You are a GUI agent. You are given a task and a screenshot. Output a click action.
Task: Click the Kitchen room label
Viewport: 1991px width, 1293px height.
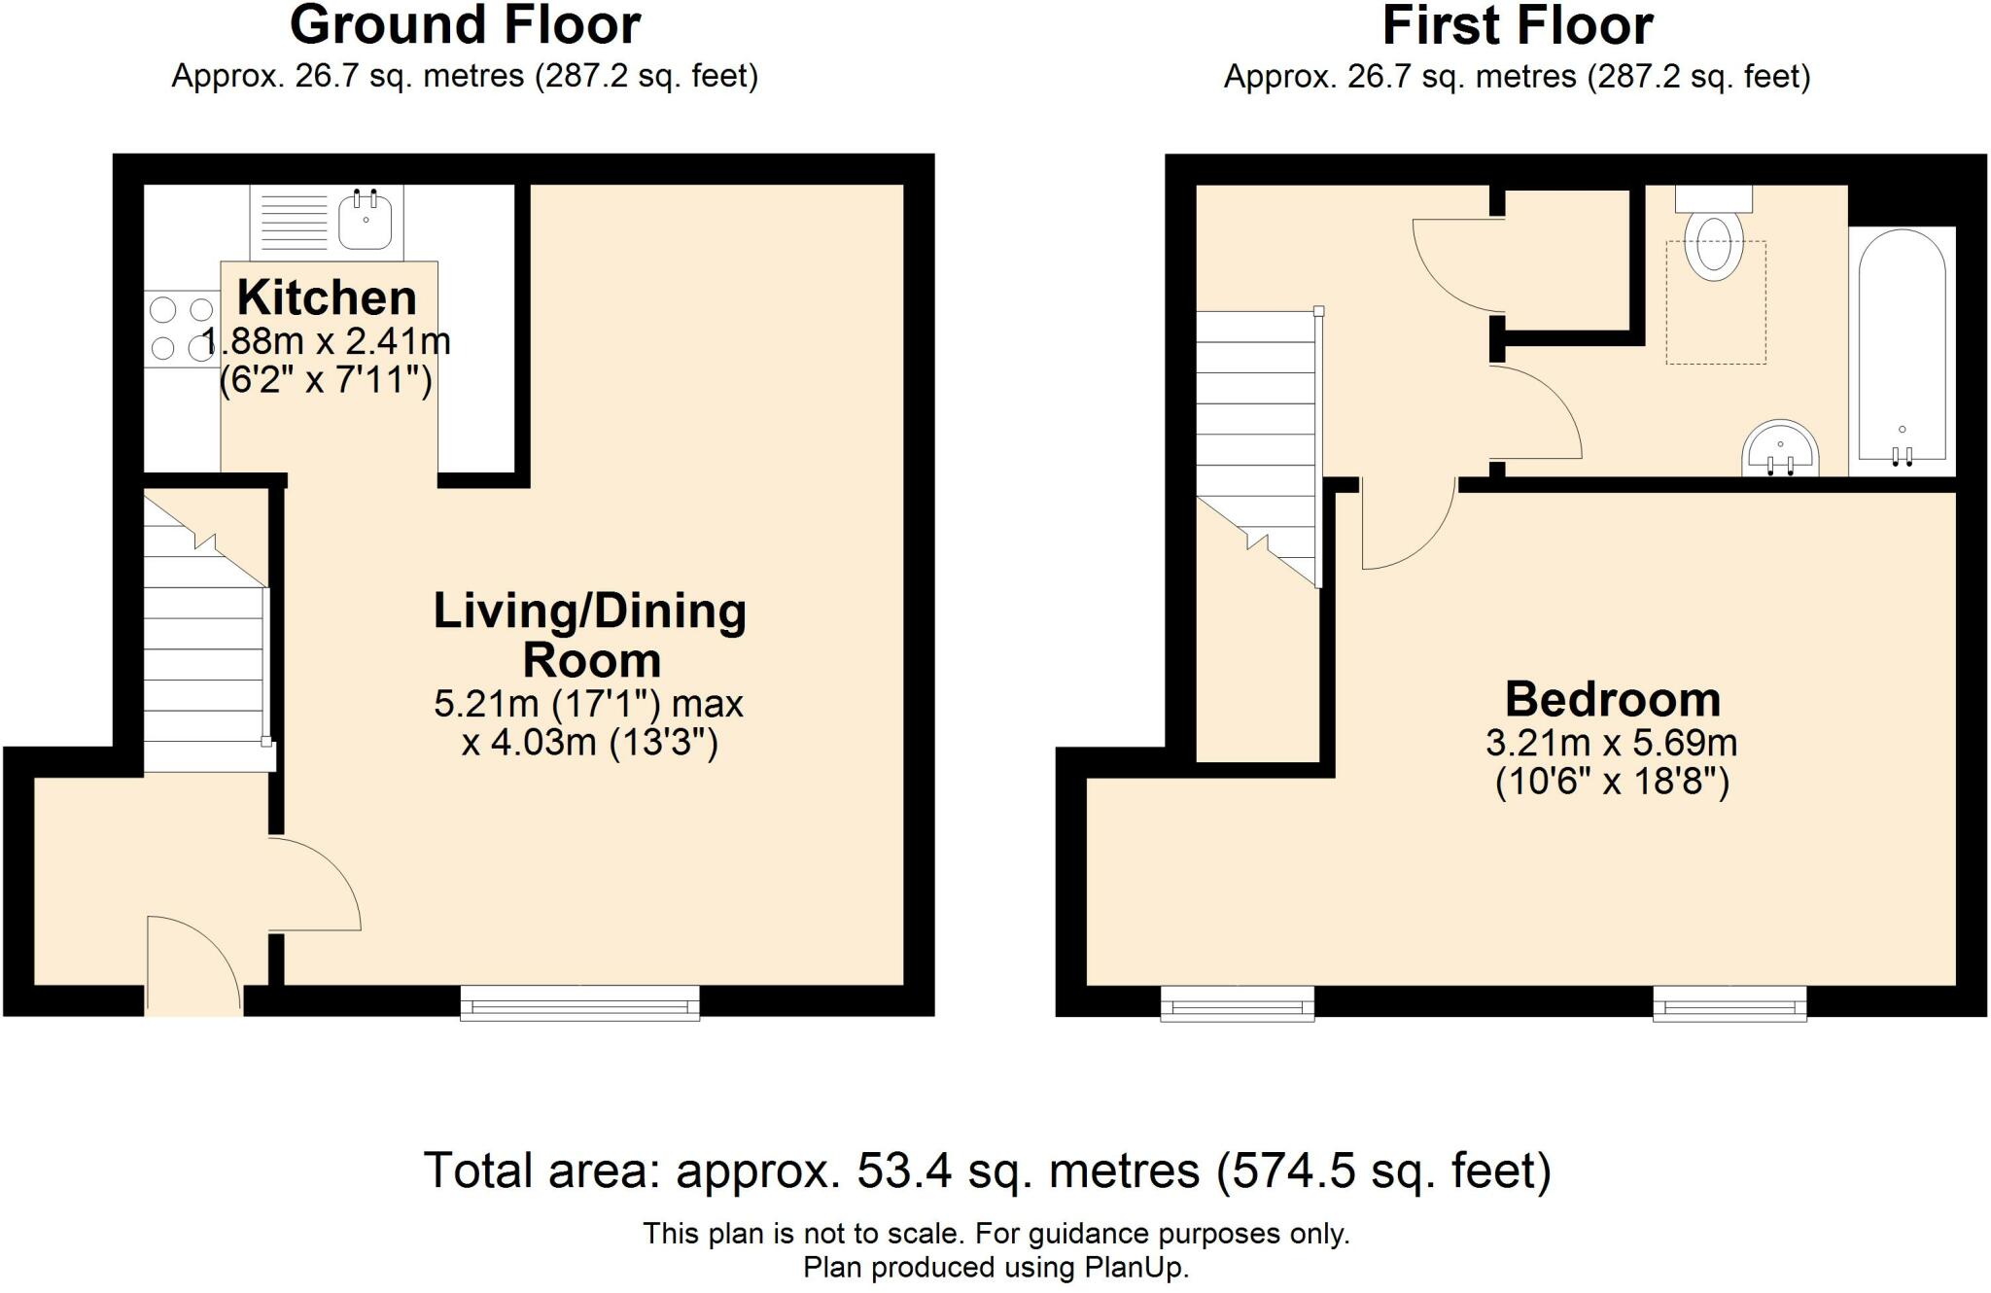327,297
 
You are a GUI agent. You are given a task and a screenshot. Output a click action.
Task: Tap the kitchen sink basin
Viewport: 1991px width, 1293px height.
366,220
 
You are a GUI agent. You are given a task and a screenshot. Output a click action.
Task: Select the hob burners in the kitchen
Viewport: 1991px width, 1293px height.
182,329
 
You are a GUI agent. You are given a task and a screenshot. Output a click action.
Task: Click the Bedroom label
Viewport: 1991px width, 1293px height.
1613,699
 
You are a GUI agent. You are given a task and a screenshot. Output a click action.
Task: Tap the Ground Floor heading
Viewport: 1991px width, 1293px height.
466,25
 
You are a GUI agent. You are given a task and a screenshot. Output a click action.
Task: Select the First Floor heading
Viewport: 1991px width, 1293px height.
1518,25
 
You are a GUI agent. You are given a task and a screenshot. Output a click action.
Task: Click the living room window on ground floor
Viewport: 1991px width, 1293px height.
579,1002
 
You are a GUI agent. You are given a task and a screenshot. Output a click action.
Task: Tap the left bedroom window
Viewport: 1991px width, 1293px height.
1238,1003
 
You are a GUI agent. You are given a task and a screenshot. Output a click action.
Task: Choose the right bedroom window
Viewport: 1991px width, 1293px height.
1730,1003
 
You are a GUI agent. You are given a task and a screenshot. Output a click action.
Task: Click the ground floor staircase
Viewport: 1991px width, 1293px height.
205,632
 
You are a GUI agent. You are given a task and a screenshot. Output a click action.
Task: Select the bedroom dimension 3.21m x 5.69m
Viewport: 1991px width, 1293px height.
1612,743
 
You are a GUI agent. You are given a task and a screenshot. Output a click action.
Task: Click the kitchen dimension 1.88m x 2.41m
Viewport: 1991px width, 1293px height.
327,341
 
